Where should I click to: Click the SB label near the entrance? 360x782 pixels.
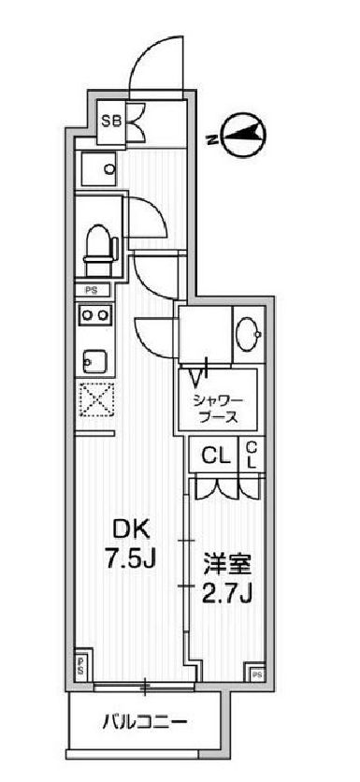click(111, 120)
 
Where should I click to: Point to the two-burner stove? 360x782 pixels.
click(94, 316)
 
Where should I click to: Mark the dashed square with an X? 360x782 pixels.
click(95, 402)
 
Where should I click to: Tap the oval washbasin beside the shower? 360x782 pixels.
click(251, 334)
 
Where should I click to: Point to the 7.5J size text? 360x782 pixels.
click(129, 561)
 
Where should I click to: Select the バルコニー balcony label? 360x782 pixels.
click(144, 723)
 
